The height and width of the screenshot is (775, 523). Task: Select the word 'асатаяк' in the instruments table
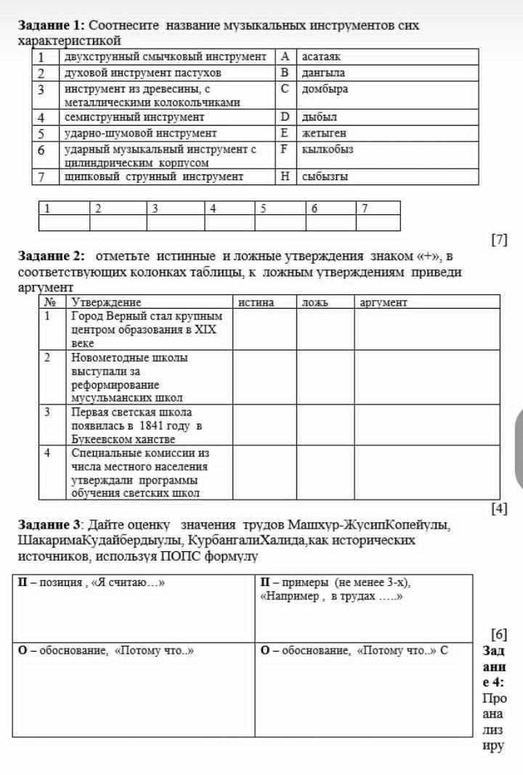pos(322,56)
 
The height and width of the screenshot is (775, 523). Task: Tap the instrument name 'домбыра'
pos(325,89)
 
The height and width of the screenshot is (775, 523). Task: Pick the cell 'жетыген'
pos(324,133)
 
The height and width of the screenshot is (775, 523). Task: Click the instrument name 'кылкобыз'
pos(328,149)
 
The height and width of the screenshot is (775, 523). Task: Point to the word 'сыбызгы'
pos(325,176)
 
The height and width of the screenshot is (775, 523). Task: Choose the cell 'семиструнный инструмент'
pos(134,117)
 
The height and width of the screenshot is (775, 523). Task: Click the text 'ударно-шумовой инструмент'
pos(140,133)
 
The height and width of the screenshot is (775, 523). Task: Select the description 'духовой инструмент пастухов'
pos(142,73)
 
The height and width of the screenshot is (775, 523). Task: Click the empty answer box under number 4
pos(230,223)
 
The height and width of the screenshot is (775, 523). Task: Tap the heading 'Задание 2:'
pos(51,256)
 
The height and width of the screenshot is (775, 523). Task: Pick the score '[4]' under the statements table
pos(498,508)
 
